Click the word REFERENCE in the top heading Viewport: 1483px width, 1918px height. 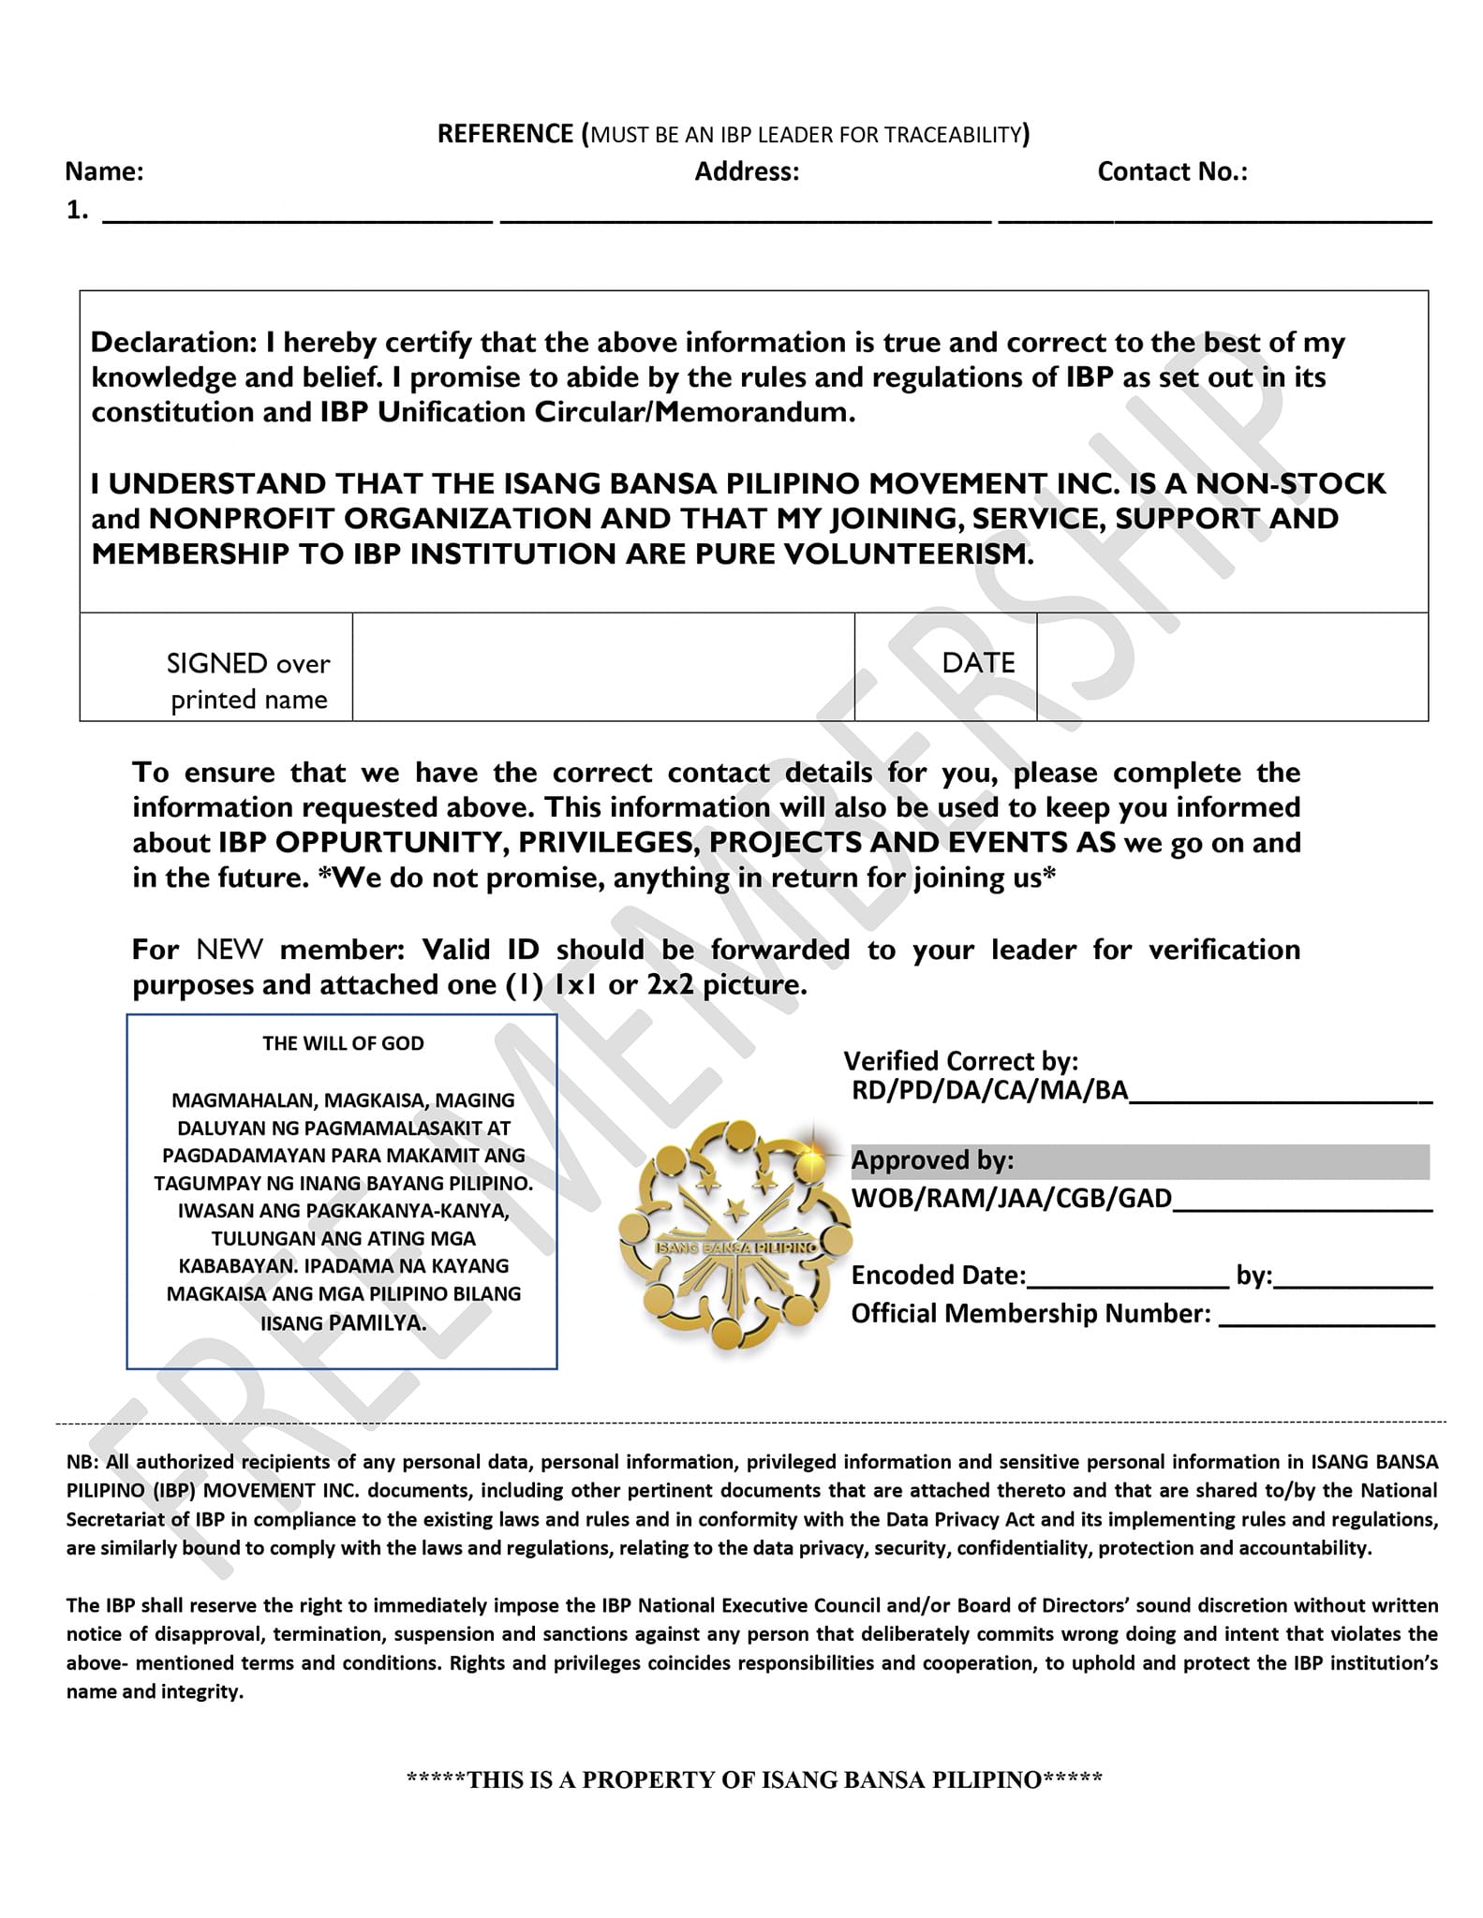[x=505, y=134]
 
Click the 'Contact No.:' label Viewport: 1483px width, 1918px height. [x=1171, y=171]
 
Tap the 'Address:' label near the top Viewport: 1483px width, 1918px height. [x=747, y=171]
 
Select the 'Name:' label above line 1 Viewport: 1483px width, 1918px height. [x=104, y=171]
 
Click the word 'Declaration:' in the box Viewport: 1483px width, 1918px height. [x=172, y=343]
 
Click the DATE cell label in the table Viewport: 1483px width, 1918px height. [x=978, y=663]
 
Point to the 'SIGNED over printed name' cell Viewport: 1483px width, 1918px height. [x=248, y=681]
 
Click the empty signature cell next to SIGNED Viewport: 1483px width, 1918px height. [x=603, y=667]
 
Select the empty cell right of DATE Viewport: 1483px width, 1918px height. [x=1232, y=667]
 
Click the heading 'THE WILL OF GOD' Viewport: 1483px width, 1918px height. [x=343, y=1043]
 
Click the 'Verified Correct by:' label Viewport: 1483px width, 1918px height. [x=960, y=1061]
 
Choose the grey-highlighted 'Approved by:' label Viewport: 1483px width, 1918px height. [x=932, y=1161]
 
